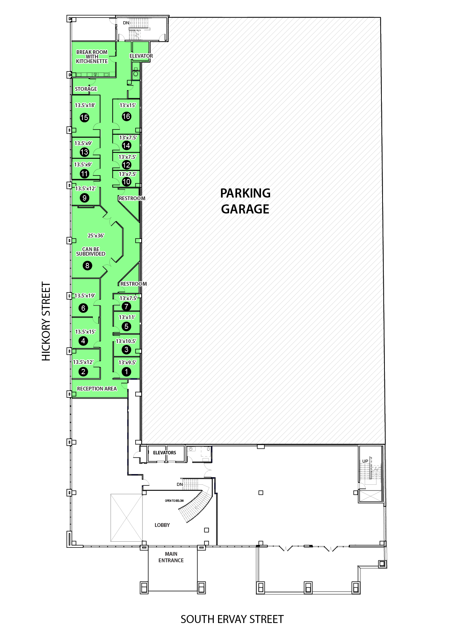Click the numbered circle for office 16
(127, 116)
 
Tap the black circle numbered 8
(87, 266)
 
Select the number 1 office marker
(127, 372)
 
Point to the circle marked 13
(84, 152)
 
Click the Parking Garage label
(245, 201)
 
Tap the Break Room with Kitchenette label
(92, 57)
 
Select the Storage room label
(86, 89)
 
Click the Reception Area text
(97, 389)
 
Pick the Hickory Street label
(46, 321)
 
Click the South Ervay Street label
(232, 619)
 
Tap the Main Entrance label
(171, 557)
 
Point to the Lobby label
(162, 525)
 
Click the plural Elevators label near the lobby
(164, 453)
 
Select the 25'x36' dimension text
(96, 236)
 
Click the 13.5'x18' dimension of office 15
(85, 106)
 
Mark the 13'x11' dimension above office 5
(127, 318)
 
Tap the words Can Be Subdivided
(90, 251)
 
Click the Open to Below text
(174, 501)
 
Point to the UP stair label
(365, 461)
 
